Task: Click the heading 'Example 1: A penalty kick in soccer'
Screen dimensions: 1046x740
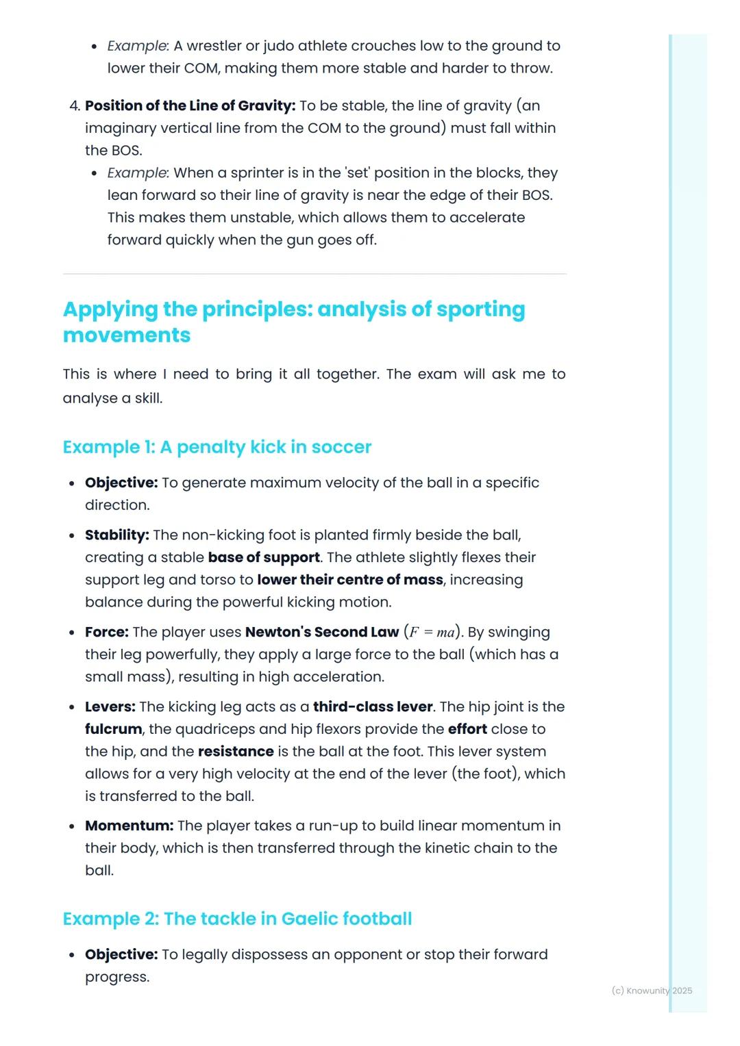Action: point(217,447)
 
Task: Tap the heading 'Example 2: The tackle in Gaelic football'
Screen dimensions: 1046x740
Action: point(237,919)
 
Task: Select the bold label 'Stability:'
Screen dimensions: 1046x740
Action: point(116,535)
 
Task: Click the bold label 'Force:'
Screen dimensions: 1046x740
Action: point(106,632)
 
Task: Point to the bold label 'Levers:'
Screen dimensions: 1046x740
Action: point(110,706)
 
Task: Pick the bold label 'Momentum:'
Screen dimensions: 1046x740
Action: point(129,826)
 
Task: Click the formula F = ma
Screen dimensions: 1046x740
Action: point(432,632)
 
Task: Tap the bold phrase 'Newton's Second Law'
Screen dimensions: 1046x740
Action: point(322,632)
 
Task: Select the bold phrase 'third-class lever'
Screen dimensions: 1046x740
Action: point(373,706)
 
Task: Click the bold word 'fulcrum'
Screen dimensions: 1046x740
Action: point(113,729)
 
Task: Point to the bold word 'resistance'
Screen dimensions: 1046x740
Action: point(236,752)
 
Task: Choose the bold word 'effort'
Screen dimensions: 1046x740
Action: point(467,729)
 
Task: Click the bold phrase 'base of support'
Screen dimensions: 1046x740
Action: point(264,557)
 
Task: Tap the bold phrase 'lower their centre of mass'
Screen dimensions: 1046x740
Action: point(350,580)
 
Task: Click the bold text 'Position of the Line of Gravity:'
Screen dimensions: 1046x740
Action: point(190,105)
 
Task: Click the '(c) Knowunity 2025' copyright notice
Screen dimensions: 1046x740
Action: point(652,991)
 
